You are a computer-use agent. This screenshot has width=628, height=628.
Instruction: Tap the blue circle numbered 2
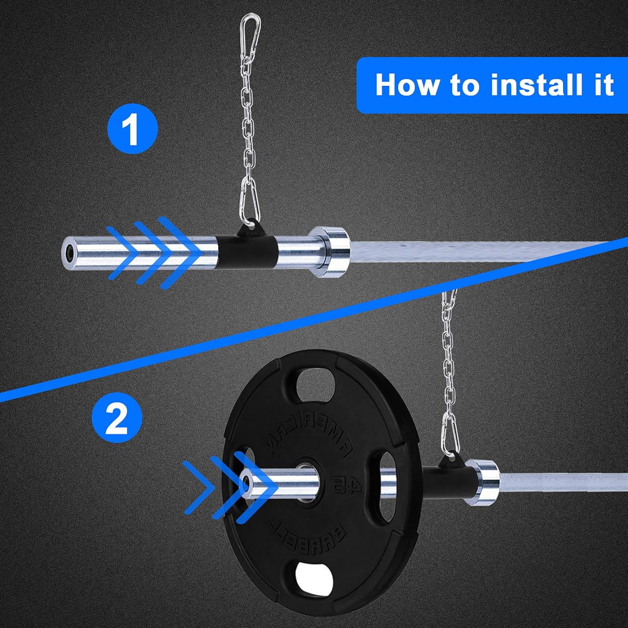pos(117,417)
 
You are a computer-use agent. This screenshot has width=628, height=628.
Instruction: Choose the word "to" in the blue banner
pos(465,85)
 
